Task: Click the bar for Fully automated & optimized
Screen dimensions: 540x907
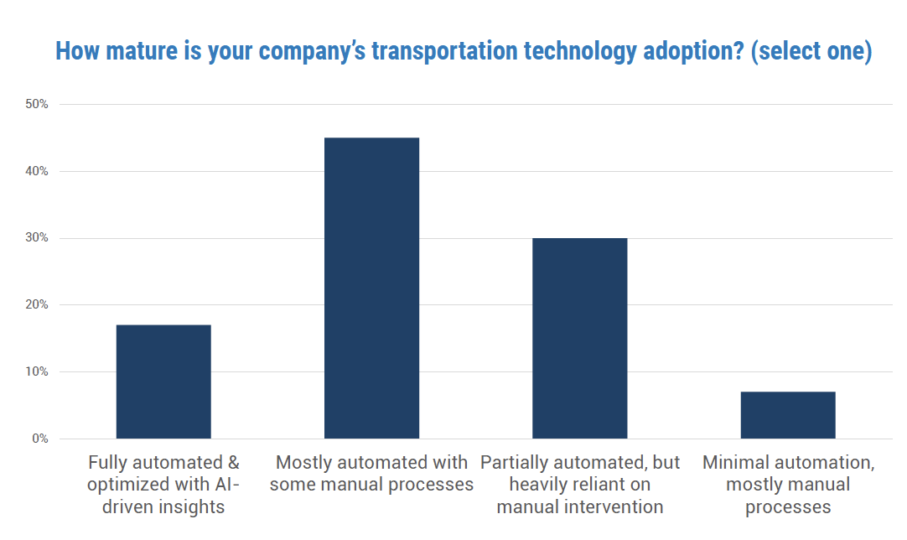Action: tap(163, 382)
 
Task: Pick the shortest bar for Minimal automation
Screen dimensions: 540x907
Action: tap(787, 415)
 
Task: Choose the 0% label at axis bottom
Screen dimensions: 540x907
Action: tap(40, 439)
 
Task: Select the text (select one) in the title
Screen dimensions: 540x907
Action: tap(811, 51)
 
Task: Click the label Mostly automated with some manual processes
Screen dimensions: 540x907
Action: tap(371, 474)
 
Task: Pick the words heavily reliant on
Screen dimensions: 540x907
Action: tap(579, 485)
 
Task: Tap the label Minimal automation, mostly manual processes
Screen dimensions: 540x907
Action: tap(787, 485)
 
